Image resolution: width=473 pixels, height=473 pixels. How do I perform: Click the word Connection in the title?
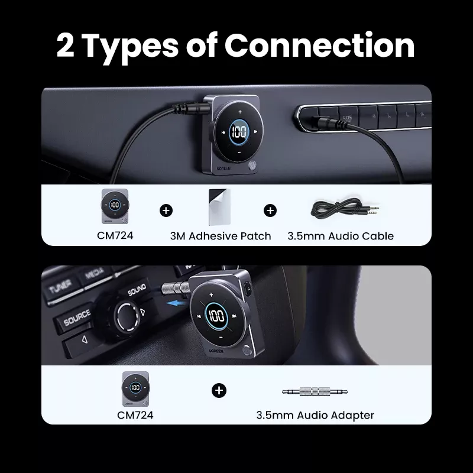pyautogui.click(x=319, y=46)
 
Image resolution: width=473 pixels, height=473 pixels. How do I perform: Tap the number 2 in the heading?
pyautogui.click(x=65, y=46)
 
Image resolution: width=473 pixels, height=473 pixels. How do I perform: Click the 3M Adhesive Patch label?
pyautogui.click(x=221, y=236)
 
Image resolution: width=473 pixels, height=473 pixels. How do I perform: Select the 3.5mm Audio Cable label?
pyautogui.click(x=341, y=236)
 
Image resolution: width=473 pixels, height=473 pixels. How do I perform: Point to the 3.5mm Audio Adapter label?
pyautogui.click(x=315, y=415)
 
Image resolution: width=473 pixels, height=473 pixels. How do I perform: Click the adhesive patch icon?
pyautogui.click(x=219, y=207)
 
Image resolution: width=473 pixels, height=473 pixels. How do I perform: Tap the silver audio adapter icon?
pyautogui.click(x=315, y=391)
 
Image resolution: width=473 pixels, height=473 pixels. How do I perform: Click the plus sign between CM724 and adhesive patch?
pyautogui.click(x=166, y=210)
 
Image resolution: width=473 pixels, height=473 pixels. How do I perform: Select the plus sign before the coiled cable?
pyautogui.click(x=270, y=210)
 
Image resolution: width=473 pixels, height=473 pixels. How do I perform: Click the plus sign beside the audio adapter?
pyautogui.click(x=219, y=391)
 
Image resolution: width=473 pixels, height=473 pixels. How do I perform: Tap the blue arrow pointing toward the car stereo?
pyautogui.click(x=177, y=303)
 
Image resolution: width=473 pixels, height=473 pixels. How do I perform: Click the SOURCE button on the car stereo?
pyautogui.click(x=76, y=318)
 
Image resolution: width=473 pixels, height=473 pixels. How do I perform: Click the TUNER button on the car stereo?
pyautogui.click(x=60, y=286)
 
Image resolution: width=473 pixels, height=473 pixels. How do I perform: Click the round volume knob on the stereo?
pyautogui.click(x=127, y=316)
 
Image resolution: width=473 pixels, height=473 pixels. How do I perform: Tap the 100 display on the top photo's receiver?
pyautogui.click(x=239, y=131)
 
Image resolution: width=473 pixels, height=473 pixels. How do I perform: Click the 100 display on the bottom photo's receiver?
pyautogui.click(x=216, y=316)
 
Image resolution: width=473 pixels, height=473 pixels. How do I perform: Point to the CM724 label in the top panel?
pyautogui.click(x=115, y=235)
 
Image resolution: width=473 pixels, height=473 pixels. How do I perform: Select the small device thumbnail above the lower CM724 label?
pyautogui.click(x=135, y=389)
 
